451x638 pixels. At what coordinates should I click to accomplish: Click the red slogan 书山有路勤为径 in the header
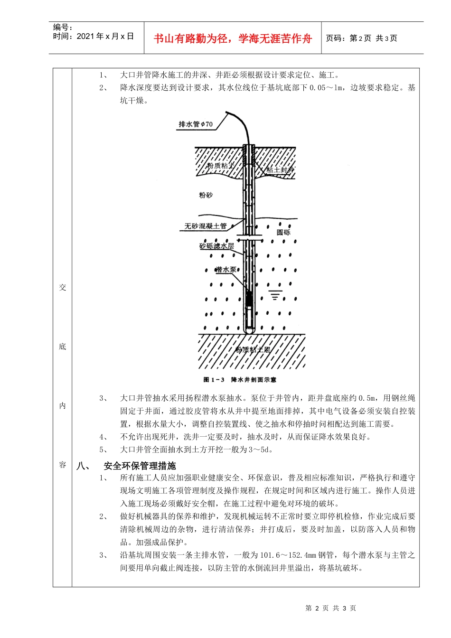click(x=233, y=39)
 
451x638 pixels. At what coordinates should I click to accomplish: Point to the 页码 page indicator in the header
click(x=361, y=38)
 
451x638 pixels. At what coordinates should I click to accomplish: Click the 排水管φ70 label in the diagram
click(x=196, y=124)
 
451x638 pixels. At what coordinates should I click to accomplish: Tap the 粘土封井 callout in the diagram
click(x=280, y=169)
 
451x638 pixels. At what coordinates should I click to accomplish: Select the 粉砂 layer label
click(x=206, y=195)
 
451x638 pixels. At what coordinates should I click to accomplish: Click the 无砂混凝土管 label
click(x=206, y=226)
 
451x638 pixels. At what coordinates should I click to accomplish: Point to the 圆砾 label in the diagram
click(x=283, y=232)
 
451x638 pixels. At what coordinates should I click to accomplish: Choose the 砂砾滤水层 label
click(x=216, y=246)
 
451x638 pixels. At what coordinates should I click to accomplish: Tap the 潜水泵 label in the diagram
click(x=226, y=270)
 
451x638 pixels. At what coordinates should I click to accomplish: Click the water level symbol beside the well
click(x=274, y=295)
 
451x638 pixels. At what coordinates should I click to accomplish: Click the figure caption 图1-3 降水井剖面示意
click(x=240, y=380)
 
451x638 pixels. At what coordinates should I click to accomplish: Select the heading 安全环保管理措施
click(x=140, y=466)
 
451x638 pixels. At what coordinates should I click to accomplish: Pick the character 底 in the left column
click(x=63, y=347)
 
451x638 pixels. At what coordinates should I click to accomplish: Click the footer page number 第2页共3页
click(x=331, y=608)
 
